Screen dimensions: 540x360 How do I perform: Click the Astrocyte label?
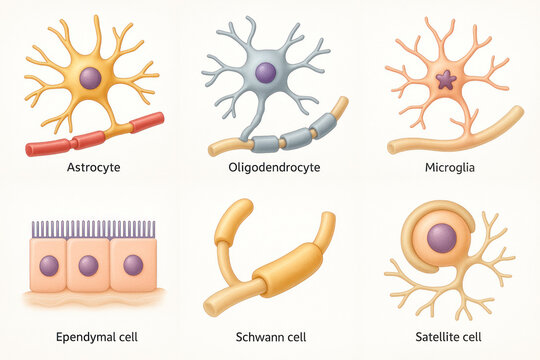pos(92,167)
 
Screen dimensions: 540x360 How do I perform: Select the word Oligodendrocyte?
pos(274,167)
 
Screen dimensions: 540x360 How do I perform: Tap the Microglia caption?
pos(448,167)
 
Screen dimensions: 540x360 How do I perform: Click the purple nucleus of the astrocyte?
pos(90,78)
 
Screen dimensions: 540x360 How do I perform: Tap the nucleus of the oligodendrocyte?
pos(265,72)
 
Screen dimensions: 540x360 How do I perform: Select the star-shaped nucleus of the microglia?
pos(445,79)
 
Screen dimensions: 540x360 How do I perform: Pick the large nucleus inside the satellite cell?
pos(441,238)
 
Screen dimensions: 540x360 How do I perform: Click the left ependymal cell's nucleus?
pos(48,265)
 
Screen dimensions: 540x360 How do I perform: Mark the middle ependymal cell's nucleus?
pos(88,265)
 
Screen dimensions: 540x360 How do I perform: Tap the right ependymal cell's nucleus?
pos(132,265)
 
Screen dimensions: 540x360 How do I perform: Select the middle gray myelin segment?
pos(297,138)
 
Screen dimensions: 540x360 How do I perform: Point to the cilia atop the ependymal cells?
pos(91,229)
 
